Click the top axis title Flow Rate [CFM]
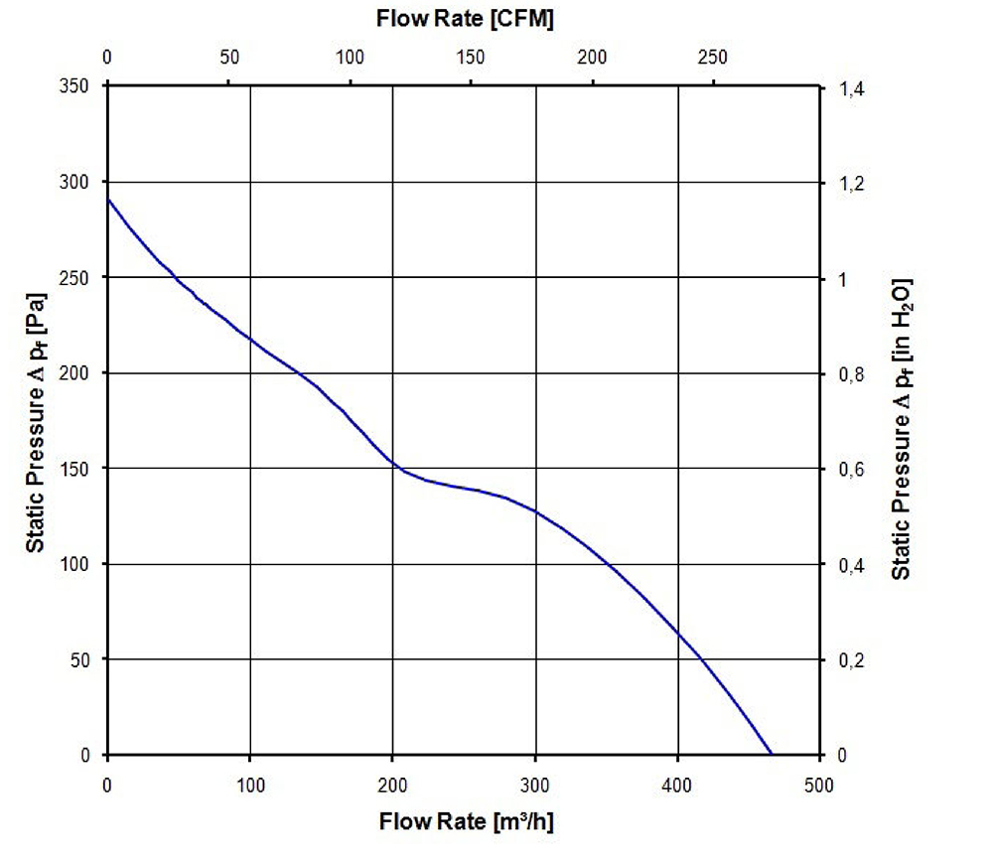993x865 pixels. (x=464, y=18)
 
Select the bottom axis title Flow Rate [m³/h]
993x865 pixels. (x=464, y=822)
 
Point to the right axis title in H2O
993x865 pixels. (x=901, y=428)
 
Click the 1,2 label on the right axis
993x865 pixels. (x=852, y=185)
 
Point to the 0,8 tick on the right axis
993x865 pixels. (x=852, y=375)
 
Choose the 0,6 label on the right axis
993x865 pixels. (x=852, y=471)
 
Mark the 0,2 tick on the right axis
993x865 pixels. (x=852, y=661)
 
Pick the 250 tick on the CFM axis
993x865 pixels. (x=713, y=57)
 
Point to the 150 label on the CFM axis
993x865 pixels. (x=471, y=57)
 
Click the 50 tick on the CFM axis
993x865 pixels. (x=229, y=57)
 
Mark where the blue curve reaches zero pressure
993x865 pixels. (x=771, y=754)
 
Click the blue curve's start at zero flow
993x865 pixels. (x=108, y=200)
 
